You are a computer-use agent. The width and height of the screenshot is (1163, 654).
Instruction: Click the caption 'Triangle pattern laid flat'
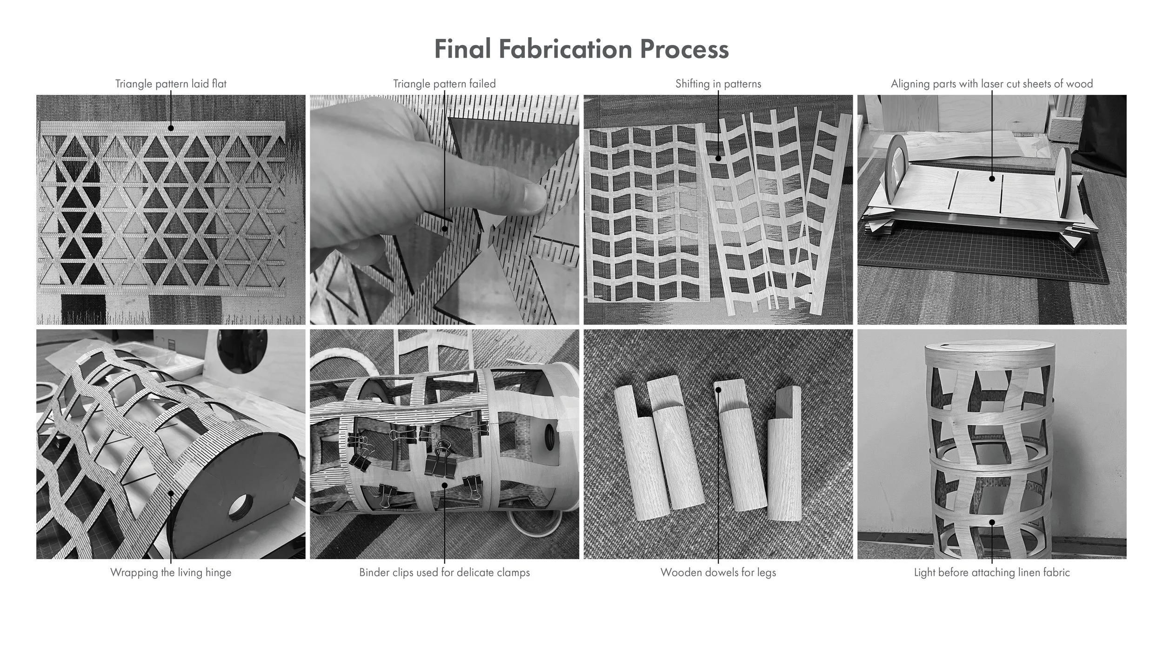pyautogui.click(x=171, y=84)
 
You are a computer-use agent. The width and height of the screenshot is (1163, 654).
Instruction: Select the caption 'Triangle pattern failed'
pyautogui.click(x=444, y=84)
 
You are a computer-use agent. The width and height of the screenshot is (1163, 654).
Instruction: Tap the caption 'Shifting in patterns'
pyautogui.click(x=718, y=84)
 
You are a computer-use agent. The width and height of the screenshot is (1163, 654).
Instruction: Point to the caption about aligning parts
pyautogui.click(x=992, y=84)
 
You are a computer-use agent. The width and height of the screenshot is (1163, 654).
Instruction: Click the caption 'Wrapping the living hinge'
pyautogui.click(x=171, y=573)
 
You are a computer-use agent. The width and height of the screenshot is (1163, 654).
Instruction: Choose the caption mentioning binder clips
pyautogui.click(x=444, y=573)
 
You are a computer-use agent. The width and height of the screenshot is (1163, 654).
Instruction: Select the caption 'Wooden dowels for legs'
pyautogui.click(x=718, y=573)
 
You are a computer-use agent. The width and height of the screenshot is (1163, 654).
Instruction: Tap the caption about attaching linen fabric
pyautogui.click(x=992, y=573)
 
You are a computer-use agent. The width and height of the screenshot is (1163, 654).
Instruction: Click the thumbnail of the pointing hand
pyautogui.click(x=445, y=210)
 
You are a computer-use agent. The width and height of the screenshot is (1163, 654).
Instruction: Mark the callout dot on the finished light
pyautogui.click(x=992, y=522)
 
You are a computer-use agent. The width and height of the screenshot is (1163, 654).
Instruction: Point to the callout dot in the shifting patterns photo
pyautogui.click(x=718, y=158)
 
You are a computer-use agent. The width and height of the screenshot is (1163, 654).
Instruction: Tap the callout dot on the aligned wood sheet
pyautogui.click(x=992, y=178)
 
